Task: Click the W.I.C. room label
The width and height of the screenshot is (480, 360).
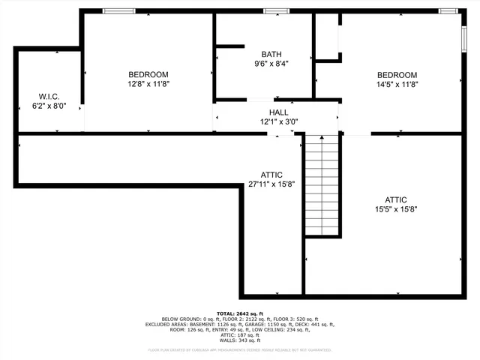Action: click(x=49, y=97)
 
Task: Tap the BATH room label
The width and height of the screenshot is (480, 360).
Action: click(x=271, y=54)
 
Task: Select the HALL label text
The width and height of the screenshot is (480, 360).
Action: click(x=278, y=112)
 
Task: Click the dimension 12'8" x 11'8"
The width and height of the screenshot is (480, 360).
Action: click(x=148, y=84)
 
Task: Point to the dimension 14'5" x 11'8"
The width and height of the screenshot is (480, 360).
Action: click(x=396, y=85)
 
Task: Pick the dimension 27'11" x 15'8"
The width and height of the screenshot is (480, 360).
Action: click(x=271, y=184)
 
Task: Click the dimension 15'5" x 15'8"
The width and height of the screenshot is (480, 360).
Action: click(x=396, y=209)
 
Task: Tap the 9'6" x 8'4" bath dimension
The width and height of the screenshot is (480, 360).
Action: click(x=271, y=64)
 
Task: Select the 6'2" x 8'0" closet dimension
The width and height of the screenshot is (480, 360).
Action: click(x=49, y=106)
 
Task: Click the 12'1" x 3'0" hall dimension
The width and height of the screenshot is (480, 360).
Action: click(x=278, y=121)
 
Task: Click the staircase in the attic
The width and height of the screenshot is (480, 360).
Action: click(x=323, y=184)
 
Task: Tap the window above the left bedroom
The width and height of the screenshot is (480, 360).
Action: click(x=119, y=10)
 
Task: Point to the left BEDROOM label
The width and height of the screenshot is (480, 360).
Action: click(x=148, y=74)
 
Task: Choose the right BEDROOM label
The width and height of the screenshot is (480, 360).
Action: click(x=396, y=75)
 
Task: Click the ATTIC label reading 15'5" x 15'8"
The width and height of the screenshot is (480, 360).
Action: click(x=396, y=199)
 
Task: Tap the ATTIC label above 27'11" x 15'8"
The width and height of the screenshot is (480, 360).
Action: click(x=271, y=174)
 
